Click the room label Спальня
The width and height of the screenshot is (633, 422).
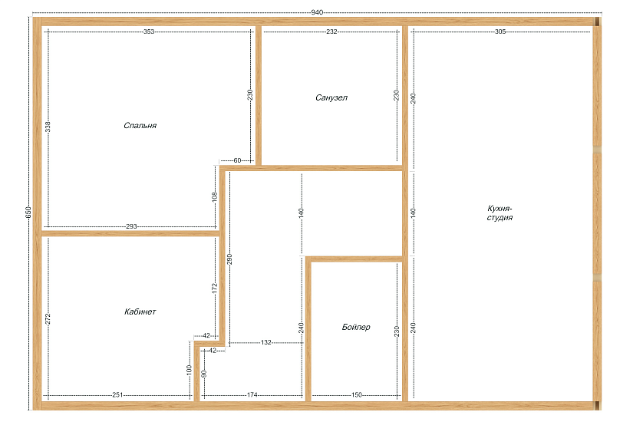[140, 126]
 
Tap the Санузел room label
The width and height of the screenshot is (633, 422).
[331, 97]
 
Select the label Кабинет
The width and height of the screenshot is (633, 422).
[140, 312]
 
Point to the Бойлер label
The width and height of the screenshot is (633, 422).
[356, 327]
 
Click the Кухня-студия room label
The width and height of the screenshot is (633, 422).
[499, 213]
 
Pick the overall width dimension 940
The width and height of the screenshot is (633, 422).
[317, 12]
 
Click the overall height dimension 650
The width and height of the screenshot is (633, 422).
[28, 213]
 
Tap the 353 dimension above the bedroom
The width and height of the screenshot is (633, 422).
[149, 31]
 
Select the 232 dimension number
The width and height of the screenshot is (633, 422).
[331, 31]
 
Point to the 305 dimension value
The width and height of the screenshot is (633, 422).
[500, 31]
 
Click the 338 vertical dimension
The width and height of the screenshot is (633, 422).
[48, 127]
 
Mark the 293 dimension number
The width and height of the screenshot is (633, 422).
[132, 226]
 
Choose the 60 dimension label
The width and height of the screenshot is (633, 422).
[237, 160]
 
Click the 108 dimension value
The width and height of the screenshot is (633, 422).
[215, 196]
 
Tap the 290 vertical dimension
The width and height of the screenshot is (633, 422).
[229, 259]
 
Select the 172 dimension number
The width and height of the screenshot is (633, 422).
[215, 288]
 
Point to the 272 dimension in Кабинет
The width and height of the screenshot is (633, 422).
[48, 319]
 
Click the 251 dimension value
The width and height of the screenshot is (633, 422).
[117, 395]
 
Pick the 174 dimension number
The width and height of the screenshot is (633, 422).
[252, 395]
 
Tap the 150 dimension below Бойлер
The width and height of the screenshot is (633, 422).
[357, 395]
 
